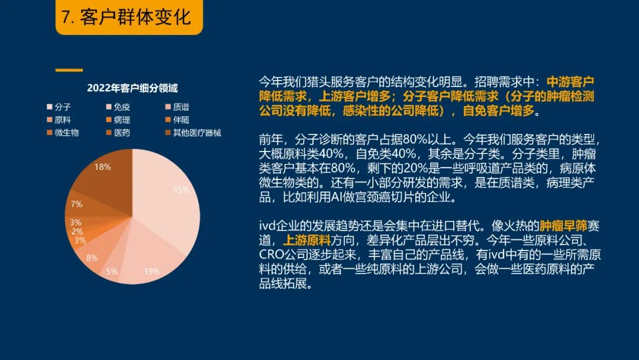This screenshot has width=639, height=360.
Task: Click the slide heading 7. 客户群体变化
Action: pyautogui.click(x=127, y=17)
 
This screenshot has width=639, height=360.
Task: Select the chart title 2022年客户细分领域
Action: pyautogui.click(x=133, y=88)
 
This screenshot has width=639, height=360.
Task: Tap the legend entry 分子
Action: pyautogui.click(x=59, y=107)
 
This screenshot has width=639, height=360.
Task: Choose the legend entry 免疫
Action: pyautogui.click(x=118, y=107)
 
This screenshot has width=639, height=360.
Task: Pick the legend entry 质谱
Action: pyautogui.click(x=177, y=107)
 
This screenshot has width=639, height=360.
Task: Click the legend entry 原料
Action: pyautogui.click(x=59, y=120)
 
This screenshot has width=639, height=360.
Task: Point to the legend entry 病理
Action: pyautogui.click(x=118, y=120)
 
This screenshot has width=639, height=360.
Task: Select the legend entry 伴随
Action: pyautogui.click(x=177, y=120)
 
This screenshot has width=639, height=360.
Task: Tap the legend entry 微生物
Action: pyautogui.click(x=63, y=133)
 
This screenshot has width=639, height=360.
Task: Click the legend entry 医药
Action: pyautogui.click(x=118, y=133)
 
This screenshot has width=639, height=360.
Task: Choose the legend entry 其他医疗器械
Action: pyautogui.click(x=193, y=133)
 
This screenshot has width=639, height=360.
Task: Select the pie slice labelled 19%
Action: pyautogui.click(x=151, y=261)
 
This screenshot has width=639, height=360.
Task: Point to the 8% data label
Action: pyautogui.click(x=92, y=258)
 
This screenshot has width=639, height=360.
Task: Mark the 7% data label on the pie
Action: pyautogui.click(x=76, y=204)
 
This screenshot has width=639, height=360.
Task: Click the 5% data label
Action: pyautogui.click(x=112, y=271)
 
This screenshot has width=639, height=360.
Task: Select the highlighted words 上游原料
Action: pyautogui.click(x=306, y=240)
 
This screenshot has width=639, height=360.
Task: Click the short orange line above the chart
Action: pyautogui.click(x=69, y=70)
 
